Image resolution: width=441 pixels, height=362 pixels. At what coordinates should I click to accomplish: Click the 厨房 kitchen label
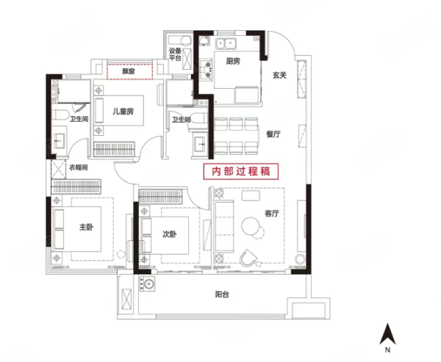(x=234, y=62)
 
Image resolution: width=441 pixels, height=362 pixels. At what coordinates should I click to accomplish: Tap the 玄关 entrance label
(x=278, y=75)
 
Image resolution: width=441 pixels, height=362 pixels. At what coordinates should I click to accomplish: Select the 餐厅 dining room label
(x=274, y=134)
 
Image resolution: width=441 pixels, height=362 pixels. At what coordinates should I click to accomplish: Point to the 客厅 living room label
(x=272, y=214)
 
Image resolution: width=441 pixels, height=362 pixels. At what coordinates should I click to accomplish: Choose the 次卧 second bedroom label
(x=169, y=235)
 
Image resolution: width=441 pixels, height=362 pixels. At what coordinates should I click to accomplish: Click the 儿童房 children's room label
(x=122, y=112)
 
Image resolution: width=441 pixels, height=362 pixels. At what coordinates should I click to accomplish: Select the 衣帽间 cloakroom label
(x=79, y=168)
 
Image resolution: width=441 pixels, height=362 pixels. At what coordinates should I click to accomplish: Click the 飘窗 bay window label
(x=129, y=71)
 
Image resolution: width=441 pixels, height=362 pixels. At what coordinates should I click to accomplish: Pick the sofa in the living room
(x=223, y=224)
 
